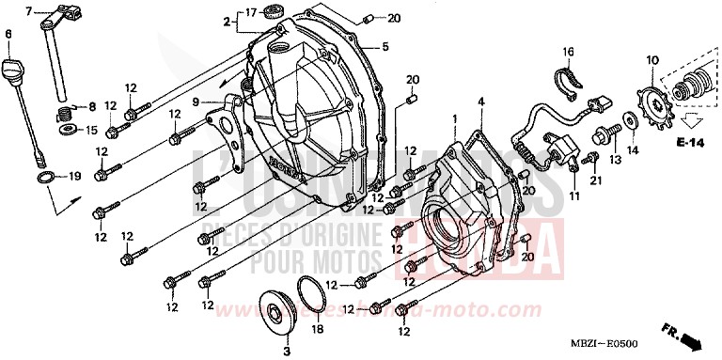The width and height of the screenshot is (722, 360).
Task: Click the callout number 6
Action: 8,35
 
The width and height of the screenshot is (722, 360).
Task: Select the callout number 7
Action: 28,11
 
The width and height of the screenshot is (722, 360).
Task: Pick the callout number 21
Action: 595,180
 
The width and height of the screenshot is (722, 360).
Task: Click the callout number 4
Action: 480,101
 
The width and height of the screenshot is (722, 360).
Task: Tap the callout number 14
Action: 631,150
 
